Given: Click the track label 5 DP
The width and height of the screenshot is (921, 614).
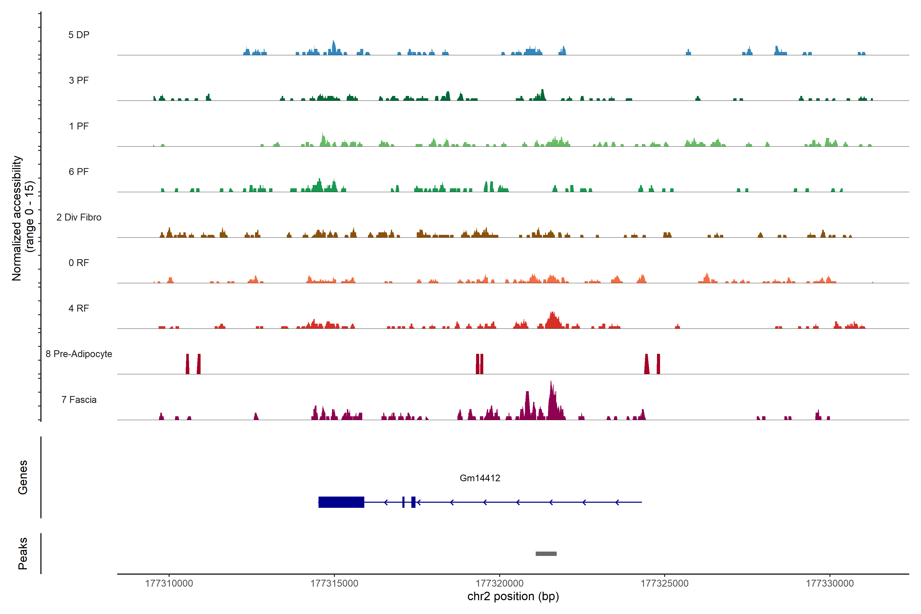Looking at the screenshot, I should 79,35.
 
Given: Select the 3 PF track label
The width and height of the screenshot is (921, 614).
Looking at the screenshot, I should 79,80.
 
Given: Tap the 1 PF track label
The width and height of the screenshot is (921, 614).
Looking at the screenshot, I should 79,126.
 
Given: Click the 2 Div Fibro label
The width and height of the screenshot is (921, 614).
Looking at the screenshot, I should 79,217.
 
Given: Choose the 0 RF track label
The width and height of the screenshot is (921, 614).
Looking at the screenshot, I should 79,263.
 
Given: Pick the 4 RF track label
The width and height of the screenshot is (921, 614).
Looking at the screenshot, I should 79,308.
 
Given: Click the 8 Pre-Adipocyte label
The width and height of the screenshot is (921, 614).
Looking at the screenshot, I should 79,354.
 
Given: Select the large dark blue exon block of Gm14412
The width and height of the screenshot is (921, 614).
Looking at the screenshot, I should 341,502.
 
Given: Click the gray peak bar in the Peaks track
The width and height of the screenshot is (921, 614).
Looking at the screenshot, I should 546,554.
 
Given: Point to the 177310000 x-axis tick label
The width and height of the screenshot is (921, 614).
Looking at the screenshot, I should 169,584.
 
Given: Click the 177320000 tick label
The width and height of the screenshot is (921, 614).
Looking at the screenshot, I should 499,584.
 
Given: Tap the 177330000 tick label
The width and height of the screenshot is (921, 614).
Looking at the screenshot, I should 829,584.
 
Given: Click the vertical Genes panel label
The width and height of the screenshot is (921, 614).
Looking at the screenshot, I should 23,477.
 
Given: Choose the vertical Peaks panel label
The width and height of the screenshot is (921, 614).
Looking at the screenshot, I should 23,553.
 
